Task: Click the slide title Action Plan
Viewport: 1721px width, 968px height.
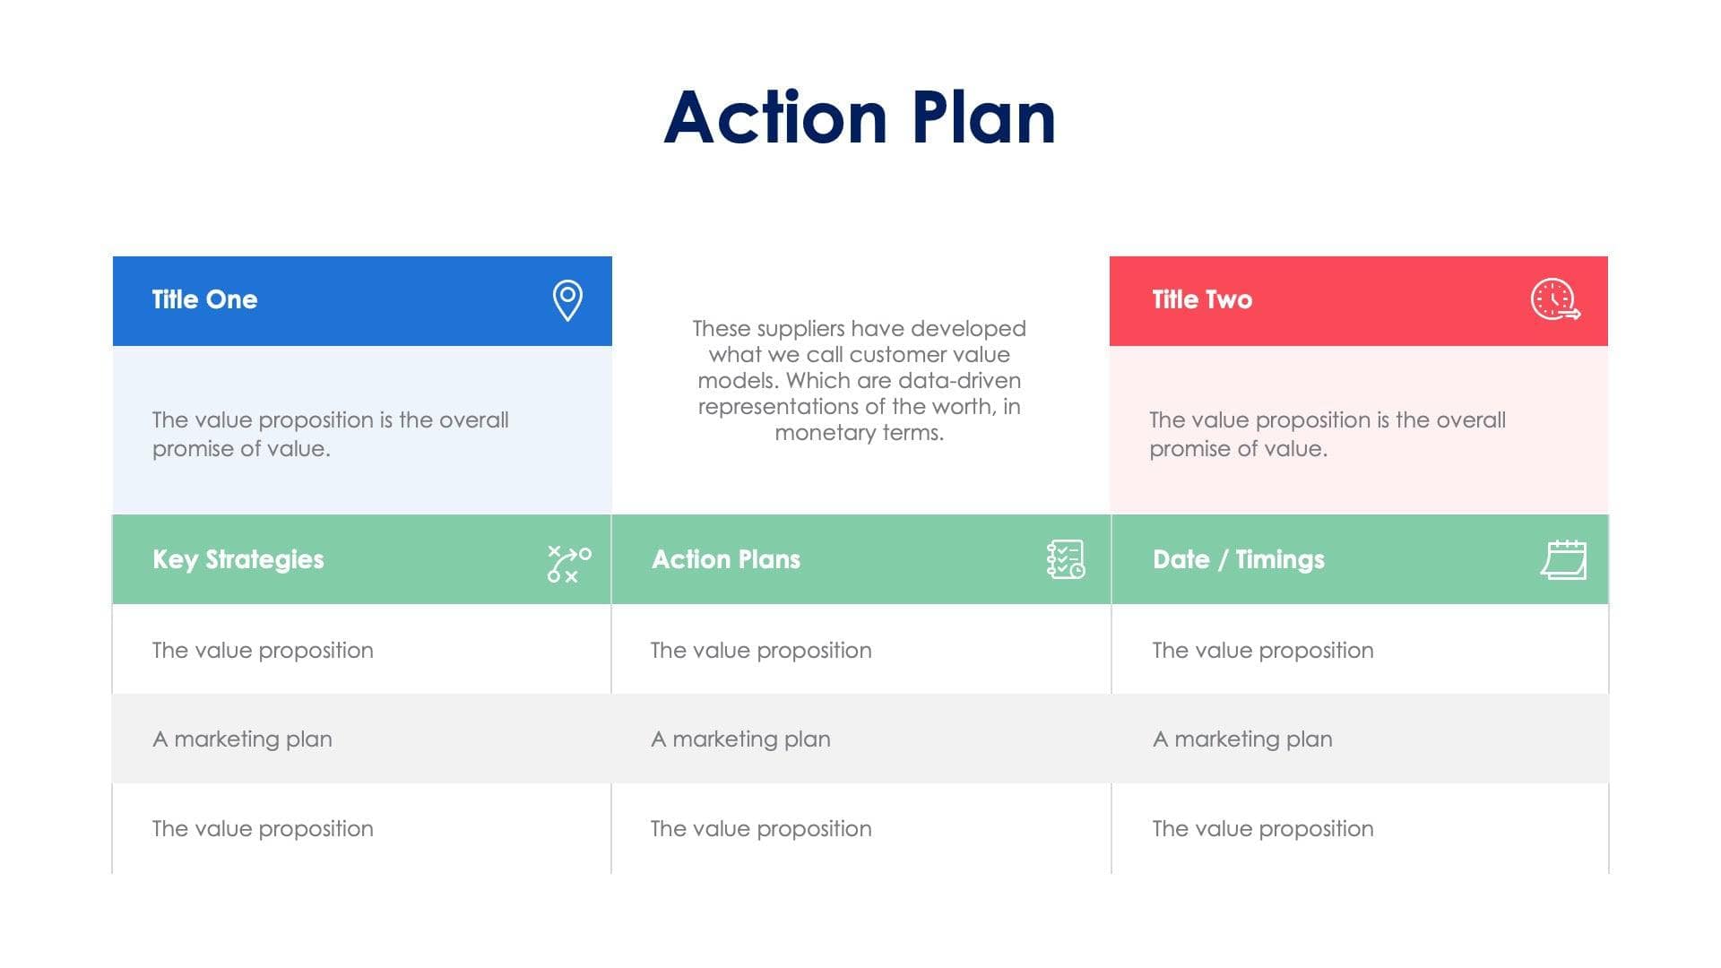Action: click(860, 117)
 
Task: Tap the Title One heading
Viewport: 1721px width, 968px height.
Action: click(204, 299)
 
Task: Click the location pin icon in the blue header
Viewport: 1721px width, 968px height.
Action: click(567, 300)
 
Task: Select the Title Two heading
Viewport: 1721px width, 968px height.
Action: click(1202, 299)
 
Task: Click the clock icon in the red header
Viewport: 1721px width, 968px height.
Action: click(1554, 299)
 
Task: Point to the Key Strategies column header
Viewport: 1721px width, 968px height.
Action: click(238, 559)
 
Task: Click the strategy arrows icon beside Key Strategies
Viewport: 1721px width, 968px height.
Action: click(568, 564)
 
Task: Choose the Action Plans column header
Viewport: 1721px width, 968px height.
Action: click(726, 559)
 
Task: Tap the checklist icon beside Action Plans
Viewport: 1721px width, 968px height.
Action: click(1065, 559)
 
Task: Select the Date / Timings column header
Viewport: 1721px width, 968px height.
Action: click(1238, 559)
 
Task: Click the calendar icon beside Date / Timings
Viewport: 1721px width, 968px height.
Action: click(1563, 560)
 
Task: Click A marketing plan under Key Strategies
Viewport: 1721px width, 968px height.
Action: click(242, 739)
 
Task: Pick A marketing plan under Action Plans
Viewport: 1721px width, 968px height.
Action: click(740, 739)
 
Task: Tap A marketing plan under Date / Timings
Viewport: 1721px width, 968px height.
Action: click(1242, 739)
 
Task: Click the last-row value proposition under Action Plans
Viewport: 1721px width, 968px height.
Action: click(761, 829)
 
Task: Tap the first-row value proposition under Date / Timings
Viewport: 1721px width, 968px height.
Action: click(1262, 651)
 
